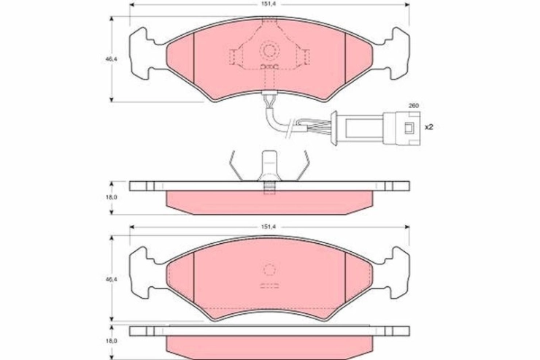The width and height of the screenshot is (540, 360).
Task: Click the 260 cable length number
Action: click(413, 106)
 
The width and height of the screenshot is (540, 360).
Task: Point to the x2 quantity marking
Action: click(429, 127)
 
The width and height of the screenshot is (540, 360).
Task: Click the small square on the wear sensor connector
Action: click(409, 128)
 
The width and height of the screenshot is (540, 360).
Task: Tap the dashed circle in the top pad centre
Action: click(269, 50)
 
